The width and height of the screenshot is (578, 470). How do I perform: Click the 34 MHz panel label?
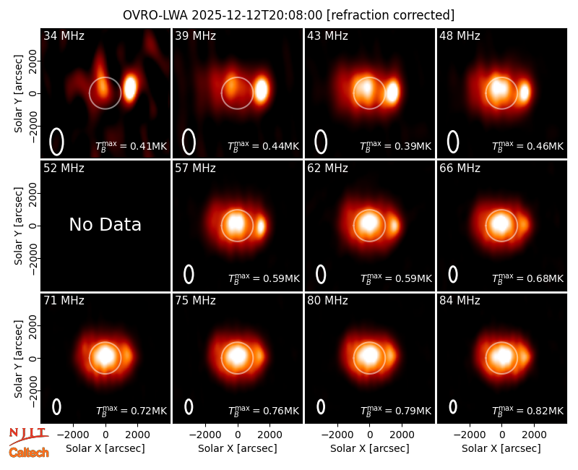(64, 35)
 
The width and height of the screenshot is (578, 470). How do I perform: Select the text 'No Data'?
(105, 224)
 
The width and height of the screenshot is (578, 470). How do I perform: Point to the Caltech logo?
(29, 453)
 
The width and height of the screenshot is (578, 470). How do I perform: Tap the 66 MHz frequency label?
(460, 168)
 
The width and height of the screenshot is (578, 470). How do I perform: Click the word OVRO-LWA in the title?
(155, 15)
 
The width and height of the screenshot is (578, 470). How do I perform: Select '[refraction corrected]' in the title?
(390, 15)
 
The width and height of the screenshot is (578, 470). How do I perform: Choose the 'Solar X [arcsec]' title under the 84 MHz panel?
(501, 448)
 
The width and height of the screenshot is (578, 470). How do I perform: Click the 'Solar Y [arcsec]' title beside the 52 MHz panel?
(19, 226)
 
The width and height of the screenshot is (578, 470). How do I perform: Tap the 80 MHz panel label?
(327, 301)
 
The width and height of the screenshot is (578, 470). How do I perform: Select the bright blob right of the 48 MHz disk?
(525, 93)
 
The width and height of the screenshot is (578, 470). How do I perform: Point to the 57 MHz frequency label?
(195, 168)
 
